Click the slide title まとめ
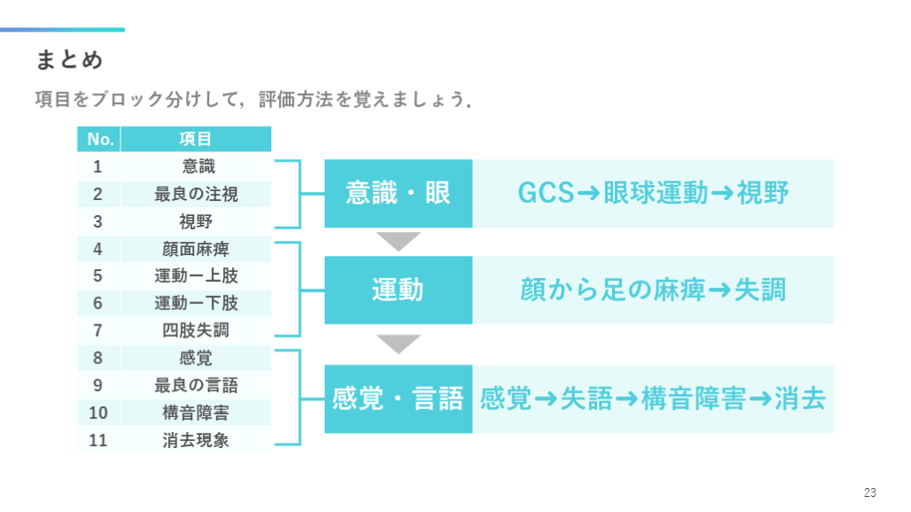[69, 60]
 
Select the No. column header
[100, 140]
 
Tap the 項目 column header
[196, 140]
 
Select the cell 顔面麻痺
[196, 249]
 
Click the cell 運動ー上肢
[196, 276]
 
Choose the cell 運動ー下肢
[196, 303]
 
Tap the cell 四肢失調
[196, 331]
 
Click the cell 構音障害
[196, 412]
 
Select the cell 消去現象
[196, 440]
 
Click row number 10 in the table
[99, 412]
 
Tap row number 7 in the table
[99, 331]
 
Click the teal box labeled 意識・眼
[398, 194]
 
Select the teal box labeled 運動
[398, 290]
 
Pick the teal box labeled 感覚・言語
[398, 399]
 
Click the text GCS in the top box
[545, 194]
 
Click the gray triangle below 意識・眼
[398, 241]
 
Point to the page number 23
[869, 492]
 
